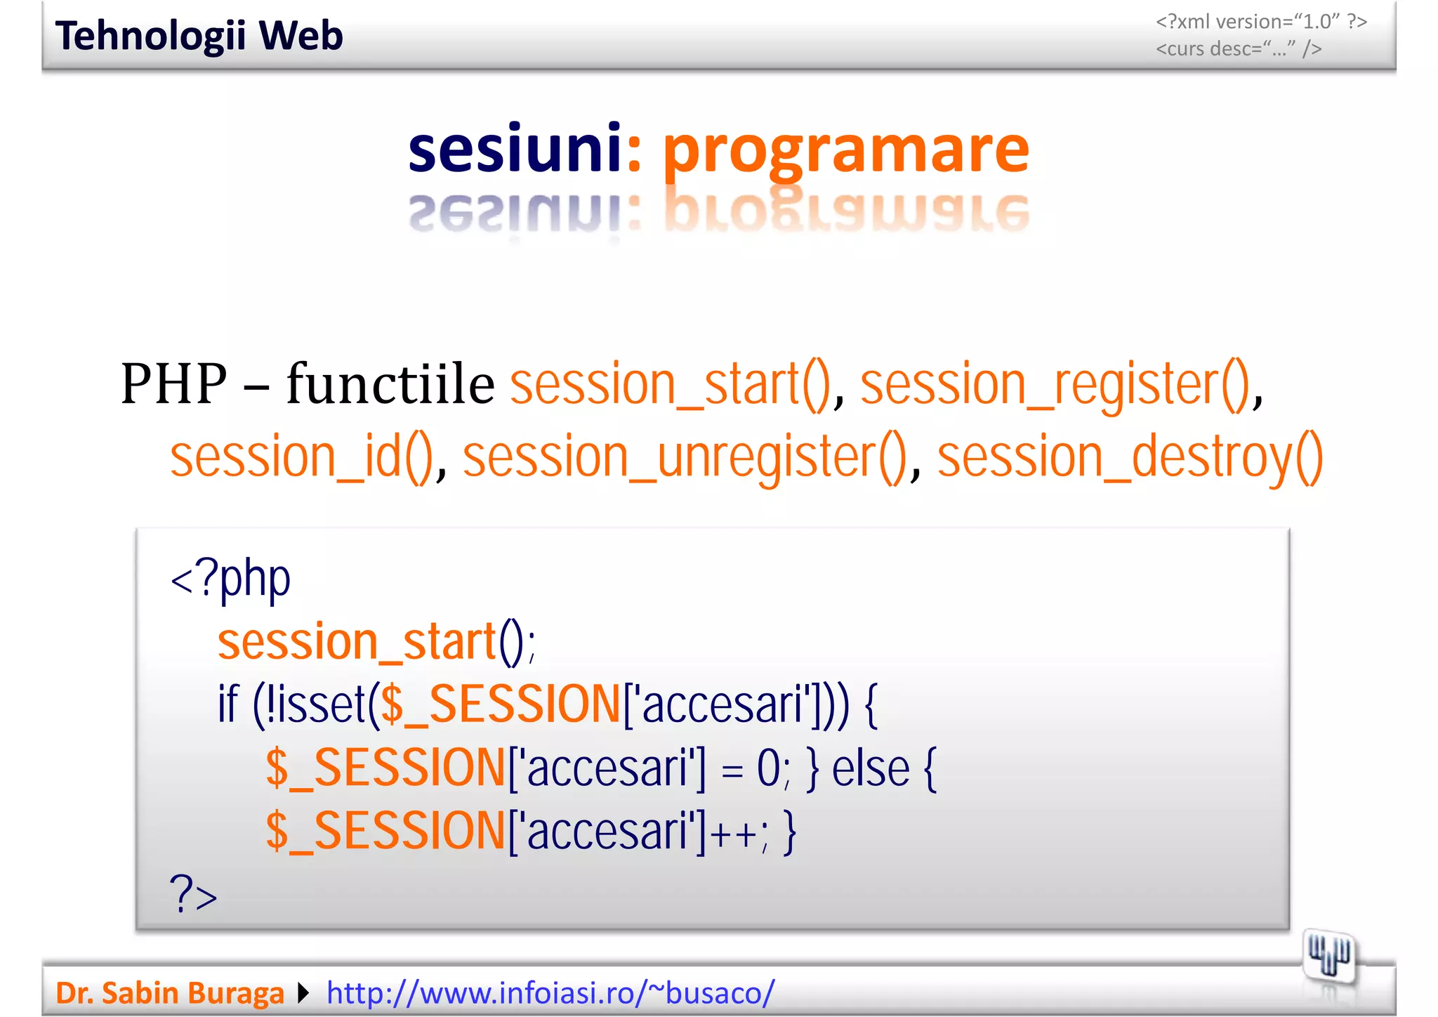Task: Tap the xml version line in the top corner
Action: (1260, 22)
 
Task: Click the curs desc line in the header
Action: (1239, 49)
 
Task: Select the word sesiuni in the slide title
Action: (515, 149)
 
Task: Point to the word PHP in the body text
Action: (174, 384)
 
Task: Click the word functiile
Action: (390, 384)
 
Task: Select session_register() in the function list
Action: (1055, 384)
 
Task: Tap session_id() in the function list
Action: (302, 457)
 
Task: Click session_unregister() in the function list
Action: (685, 457)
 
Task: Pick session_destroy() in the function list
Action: (1130, 457)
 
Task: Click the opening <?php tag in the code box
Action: (230, 579)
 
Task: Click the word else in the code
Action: (871, 769)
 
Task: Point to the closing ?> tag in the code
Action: (193, 895)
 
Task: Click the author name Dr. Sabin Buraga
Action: (169, 993)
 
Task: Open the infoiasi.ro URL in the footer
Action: (550, 993)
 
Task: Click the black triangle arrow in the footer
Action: (303, 993)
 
